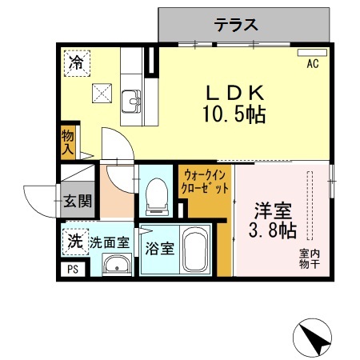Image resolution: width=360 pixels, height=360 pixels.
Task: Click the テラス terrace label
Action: [236, 25]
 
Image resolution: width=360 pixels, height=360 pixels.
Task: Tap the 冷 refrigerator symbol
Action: [77, 61]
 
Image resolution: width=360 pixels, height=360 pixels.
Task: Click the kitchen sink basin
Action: [132, 102]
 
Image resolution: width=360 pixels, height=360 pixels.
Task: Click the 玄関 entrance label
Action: [78, 199]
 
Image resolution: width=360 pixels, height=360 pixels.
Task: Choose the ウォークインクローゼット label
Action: [206, 181]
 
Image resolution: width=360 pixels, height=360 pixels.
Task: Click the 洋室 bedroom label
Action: [274, 212]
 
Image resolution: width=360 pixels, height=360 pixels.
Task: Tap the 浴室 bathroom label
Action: [158, 247]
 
